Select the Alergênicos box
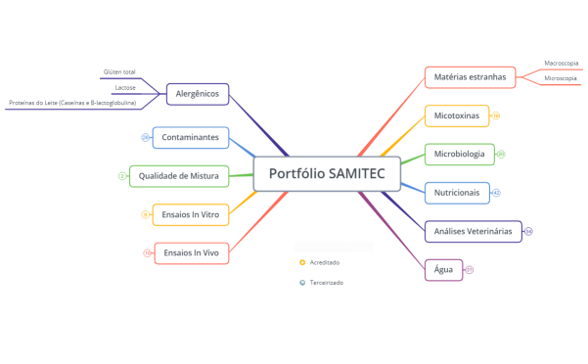(198, 95)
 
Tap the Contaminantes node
(190, 137)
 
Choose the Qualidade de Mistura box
(178, 176)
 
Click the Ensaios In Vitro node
(191, 213)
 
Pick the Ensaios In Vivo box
(191, 252)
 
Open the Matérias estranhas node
(470, 76)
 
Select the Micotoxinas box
(457, 115)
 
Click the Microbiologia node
(459, 154)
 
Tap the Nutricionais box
(457, 193)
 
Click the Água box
(443, 269)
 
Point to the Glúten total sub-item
(119, 72)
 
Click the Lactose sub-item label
(125, 87)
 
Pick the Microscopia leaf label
(561, 78)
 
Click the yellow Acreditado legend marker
(302, 262)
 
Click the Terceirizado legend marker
(302, 282)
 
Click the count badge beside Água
(470, 270)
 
